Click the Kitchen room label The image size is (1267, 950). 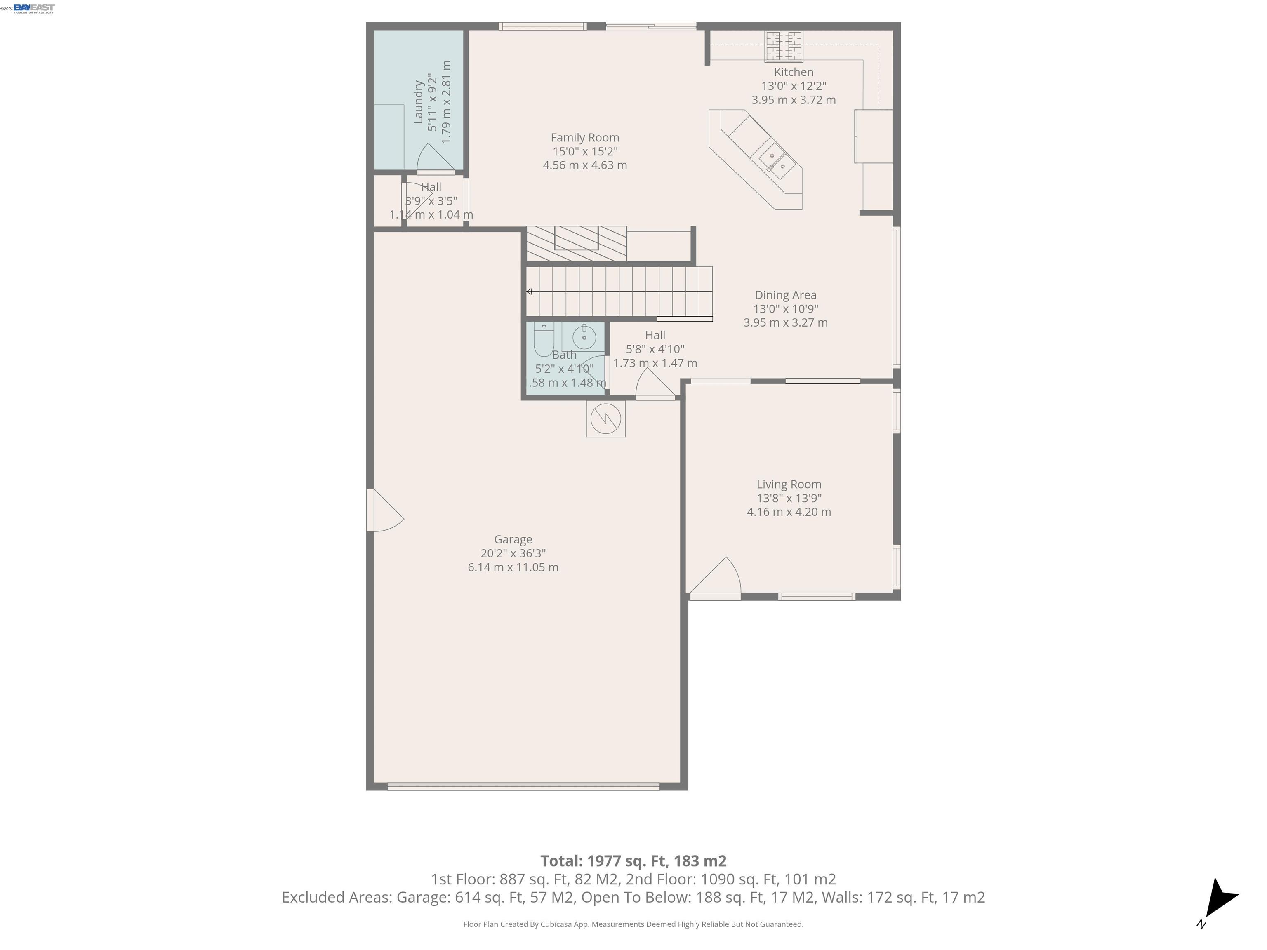point(793,72)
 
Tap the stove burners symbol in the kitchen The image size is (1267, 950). point(784,46)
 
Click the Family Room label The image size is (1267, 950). point(585,137)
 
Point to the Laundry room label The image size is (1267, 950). point(418,102)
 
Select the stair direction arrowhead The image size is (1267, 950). point(529,292)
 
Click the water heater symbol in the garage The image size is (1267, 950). point(605,419)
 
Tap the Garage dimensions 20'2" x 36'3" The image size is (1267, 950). point(513,553)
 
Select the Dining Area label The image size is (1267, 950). point(785,295)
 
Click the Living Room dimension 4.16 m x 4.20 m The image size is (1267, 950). point(789,512)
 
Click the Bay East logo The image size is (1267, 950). point(34,7)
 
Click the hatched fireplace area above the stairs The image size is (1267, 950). point(576,243)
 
